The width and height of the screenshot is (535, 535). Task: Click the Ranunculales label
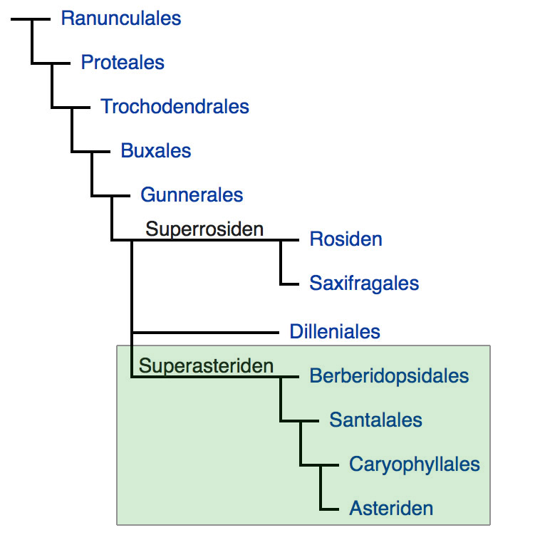click(121, 18)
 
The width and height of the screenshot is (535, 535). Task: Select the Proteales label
click(123, 63)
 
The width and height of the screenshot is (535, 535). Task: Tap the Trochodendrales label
click(175, 107)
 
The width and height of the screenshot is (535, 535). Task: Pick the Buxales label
click(156, 151)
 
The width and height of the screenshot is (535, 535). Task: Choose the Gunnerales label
click(192, 194)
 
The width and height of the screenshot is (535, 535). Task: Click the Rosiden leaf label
click(346, 239)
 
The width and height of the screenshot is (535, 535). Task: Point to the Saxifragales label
click(364, 283)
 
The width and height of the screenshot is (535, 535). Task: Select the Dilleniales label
click(335, 331)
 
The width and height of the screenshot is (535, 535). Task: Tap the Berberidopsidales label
click(389, 376)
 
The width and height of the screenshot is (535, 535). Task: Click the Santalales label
click(375, 420)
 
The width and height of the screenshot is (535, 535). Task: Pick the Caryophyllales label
click(414, 464)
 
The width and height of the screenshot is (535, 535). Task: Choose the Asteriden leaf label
click(391, 509)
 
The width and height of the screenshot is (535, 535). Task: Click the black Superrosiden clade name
click(204, 229)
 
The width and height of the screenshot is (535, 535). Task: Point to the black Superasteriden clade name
click(207, 366)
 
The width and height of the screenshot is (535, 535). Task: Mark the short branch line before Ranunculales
click(41, 19)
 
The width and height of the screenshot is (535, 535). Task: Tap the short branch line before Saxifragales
click(290, 284)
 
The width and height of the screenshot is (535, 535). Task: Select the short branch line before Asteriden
click(329, 509)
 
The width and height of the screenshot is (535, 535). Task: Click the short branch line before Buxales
click(101, 152)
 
